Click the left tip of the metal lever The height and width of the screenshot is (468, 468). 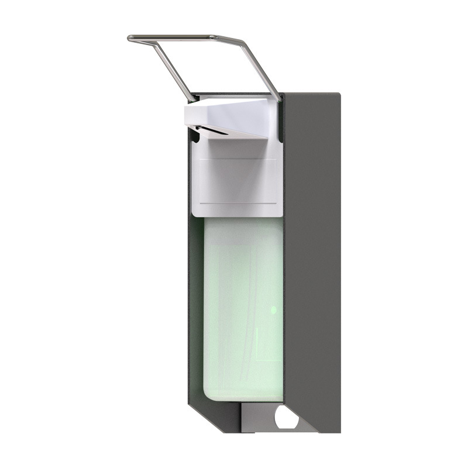pyautogui.click(x=130, y=39)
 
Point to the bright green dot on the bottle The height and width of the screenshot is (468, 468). pyautogui.click(x=273, y=308)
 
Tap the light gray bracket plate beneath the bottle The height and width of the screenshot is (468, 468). pyautogui.click(x=257, y=418)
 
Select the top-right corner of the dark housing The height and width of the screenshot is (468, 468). pyautogui.click(x=338, y=95)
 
